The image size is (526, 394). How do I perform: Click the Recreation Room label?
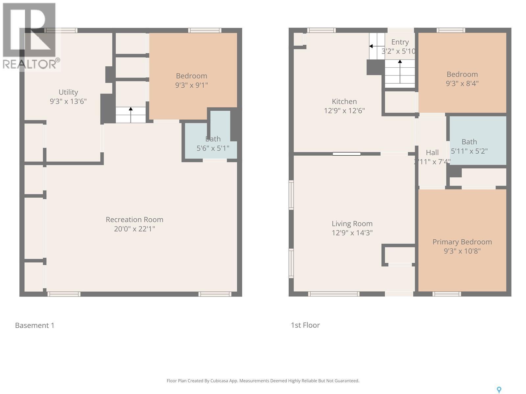tap(134, 220)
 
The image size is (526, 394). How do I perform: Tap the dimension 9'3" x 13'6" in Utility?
tap(68, 101)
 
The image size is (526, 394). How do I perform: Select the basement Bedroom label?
tap(191, 76)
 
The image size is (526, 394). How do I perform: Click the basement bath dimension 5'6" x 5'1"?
tap(213, 148)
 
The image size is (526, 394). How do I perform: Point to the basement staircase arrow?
tap(131, 109)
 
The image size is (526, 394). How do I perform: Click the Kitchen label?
tap(344, 102)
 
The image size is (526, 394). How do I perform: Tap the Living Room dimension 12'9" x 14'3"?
tap(352, 233)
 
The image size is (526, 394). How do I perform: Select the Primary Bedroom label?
tap(462, 242)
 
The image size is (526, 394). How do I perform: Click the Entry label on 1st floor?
tap(400, 42)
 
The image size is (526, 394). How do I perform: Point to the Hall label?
tap(432, 153)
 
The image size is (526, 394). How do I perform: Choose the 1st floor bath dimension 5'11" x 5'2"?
tap(469, 151)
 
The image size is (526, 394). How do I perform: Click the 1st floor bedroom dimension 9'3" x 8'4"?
tap(462, 84)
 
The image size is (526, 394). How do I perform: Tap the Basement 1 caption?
tap(35, 325)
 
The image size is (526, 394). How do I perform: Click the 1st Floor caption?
tap(305, 325)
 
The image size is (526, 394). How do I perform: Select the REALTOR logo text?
tap(30, 64)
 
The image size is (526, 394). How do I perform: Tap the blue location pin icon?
tap(499, 389)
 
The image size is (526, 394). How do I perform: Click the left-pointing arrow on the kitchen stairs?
tap(371, 46)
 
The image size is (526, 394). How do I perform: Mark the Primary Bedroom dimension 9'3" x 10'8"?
tap(462, 251)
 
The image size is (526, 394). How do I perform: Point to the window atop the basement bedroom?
tap(204, 31)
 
